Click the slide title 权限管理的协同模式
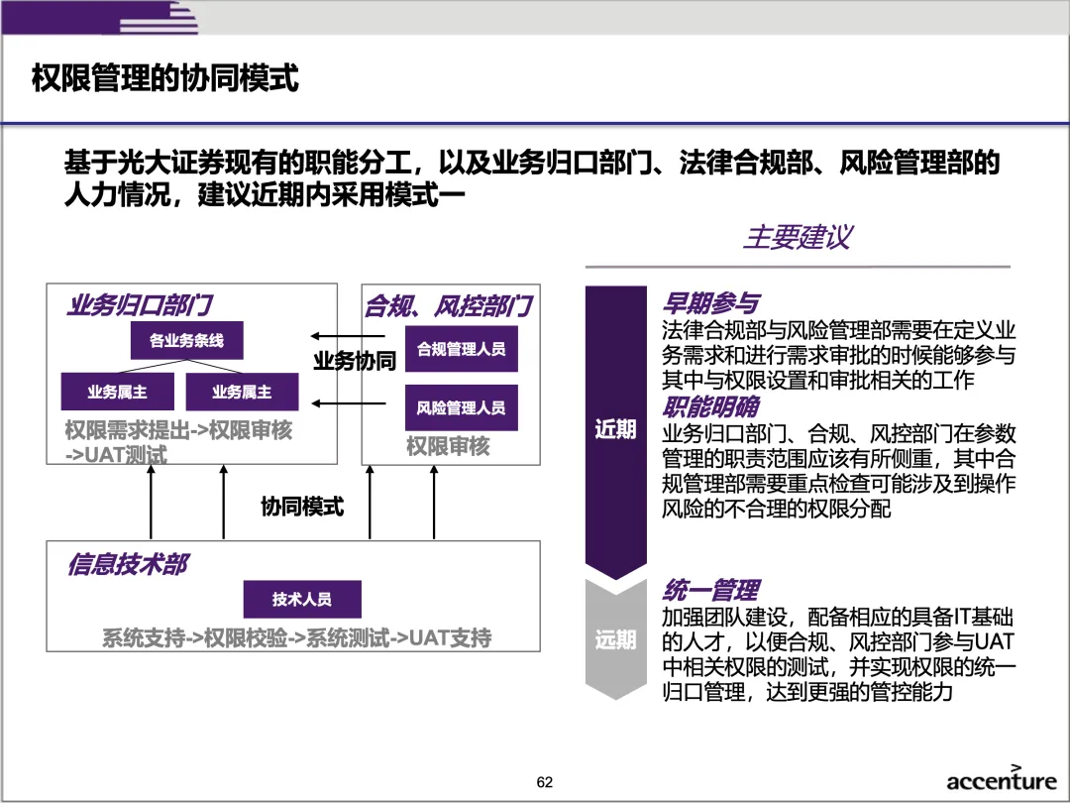point(165,78)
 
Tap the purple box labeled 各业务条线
point(186,341)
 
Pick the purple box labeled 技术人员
point(302,599)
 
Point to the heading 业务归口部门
point(140,305)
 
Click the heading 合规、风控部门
point(449,306)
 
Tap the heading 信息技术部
point(128,565)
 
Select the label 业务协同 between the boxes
point(355,361)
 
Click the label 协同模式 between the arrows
point(302,507)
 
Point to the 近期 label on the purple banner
point(615,429)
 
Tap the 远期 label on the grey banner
point(615,639)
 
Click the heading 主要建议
point(797,238)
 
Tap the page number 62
point(545,782)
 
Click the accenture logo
point(1001,780)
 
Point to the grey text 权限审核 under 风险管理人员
point(448,447)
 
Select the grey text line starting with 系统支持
point(297,637)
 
